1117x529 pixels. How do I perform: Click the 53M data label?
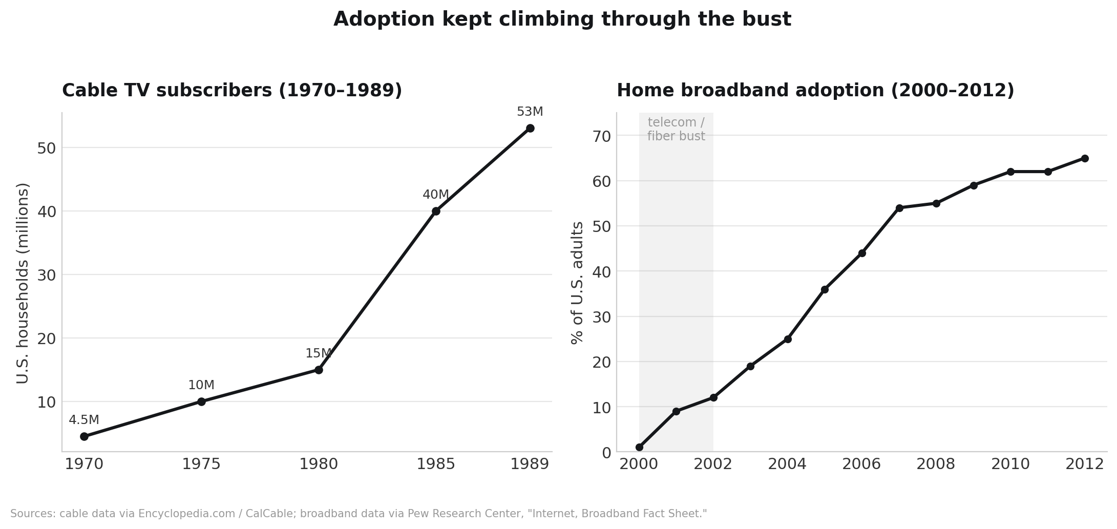click(530, 112)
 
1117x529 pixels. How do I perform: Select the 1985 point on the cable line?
click(436, 211)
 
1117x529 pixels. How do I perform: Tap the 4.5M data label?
click(84, 420)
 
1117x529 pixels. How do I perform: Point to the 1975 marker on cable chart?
click(201, 401)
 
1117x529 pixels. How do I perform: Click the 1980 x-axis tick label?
click(319, 464)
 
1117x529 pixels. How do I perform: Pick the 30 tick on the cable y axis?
click(46, 275)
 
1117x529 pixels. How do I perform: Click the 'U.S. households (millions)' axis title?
click(23, 283)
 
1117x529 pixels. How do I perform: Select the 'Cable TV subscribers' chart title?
click(232, 91)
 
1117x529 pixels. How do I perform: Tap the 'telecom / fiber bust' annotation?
click(676, 129)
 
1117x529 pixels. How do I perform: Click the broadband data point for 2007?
click(899, 208)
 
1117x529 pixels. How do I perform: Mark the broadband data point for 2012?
click(1085, 158)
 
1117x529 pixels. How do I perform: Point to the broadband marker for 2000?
click(639, 447)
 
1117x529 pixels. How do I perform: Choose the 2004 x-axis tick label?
click(787, 464)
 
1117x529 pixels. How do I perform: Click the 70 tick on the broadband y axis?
click(602, 136)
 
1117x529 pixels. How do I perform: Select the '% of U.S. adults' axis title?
click(577, 283)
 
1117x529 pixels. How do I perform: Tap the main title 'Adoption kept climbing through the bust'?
click(562, 19)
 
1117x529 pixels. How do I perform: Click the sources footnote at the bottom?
click(359, 514)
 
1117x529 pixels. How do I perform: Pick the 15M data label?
click(319, 353)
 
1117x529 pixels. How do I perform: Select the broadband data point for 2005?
click(825, 289)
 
